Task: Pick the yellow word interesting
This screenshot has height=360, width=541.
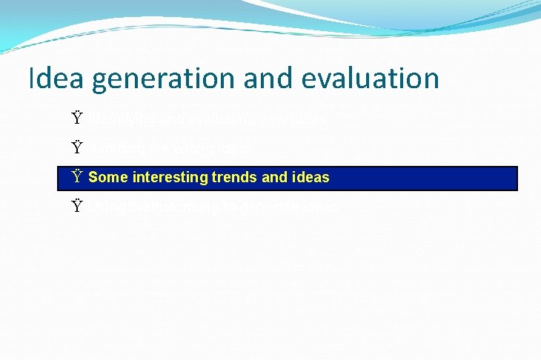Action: point(168,178)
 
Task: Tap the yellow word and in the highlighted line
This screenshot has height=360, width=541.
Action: point(274,178)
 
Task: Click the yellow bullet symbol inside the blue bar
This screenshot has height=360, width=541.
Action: point(77,178)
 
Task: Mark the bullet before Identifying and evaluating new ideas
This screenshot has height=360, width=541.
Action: point(77,119)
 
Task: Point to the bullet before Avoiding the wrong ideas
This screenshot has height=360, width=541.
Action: point(77,148)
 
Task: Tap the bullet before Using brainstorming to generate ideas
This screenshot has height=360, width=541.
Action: point(77,207)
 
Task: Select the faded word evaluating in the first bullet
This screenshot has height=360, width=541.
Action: point(212,119)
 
